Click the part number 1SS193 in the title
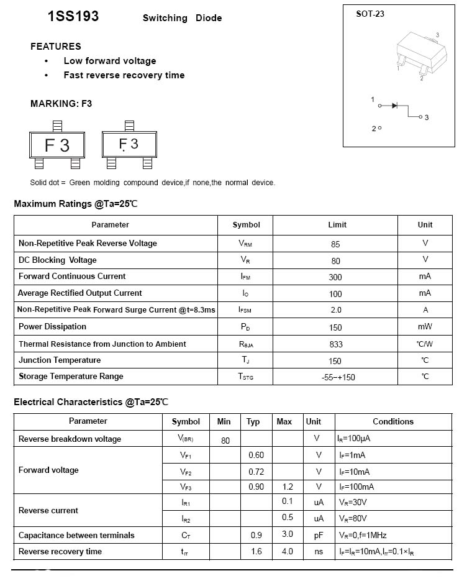[x=73, y=17]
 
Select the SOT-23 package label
[x=370, y=14]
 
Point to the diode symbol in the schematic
[x=394, y=106]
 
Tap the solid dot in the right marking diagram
[x=124, y=151]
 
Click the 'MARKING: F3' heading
[x=61, y=104]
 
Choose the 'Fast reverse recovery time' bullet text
[x=124, y=75]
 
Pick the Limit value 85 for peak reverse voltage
[x=335, y=244]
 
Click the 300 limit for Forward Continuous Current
[x=335, y=277]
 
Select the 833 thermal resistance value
[x=335, y=344]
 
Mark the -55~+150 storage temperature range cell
[x=335, y=377]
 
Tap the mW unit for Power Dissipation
[x=425, y=327]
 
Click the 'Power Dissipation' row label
[x=52, y=327]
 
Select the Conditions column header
[x=393, y=421]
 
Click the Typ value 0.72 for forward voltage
[x=256, y=472]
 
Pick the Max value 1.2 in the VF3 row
[x=287, y=487]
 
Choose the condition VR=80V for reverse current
[x=353, y=518]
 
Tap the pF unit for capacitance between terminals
[x=319, y=535]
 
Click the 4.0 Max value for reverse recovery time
[x=287, y=551]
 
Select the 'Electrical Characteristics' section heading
[x=91, y=402]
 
